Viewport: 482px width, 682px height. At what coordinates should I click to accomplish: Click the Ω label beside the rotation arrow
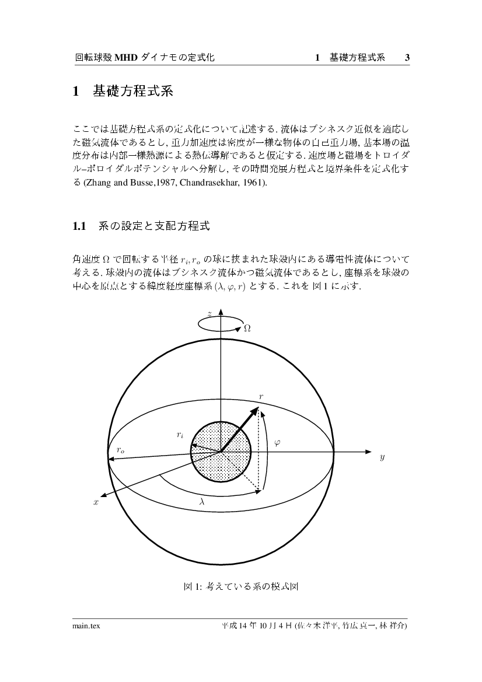[x=247, y=328]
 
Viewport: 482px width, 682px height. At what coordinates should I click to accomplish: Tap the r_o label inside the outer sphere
[x=120, y=450]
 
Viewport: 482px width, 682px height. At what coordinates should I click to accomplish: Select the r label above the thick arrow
[x=261, y=397]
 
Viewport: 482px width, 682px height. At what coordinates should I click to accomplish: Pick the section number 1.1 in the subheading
[x=79, y=226]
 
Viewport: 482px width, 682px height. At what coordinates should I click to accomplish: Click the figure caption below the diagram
[x=241, y=586]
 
